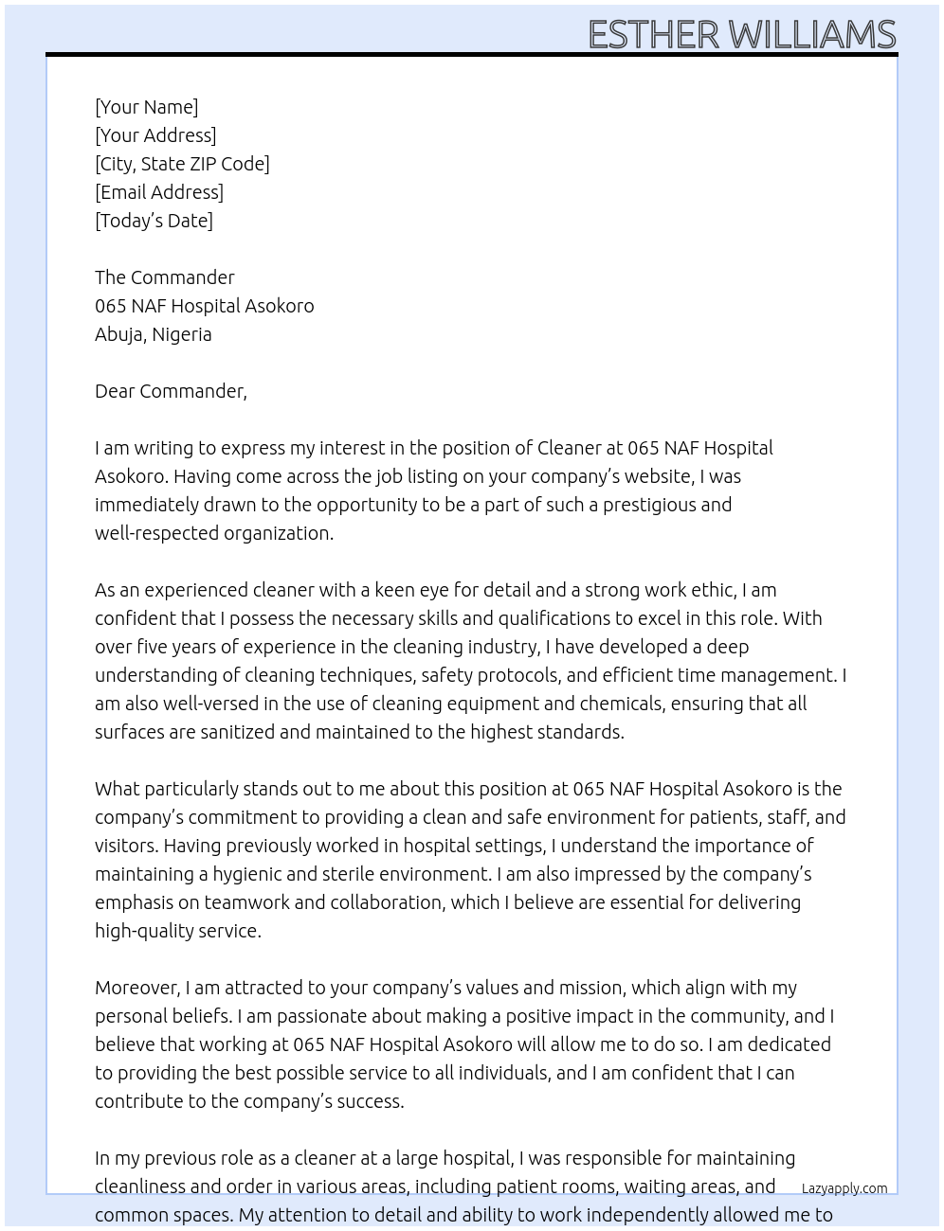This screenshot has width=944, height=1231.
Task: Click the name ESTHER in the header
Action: (x=653, y=35)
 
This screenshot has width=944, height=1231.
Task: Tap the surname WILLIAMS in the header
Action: (x=812, y=35)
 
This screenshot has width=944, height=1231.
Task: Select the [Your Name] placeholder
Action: (x=146, y=107)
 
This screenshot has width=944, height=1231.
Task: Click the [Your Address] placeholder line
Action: (x=155, y=135)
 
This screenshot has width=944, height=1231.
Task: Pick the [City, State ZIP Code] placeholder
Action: (x=182, y=164)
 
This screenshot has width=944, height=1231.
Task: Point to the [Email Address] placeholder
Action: (x=159, y=192)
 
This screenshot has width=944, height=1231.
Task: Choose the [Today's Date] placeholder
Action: (x=154, y=221)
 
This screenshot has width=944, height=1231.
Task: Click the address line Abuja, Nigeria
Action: (x=153, y=334)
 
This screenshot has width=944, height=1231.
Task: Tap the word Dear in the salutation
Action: (x=115, y=391)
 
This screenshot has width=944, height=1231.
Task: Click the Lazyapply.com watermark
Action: (x=844, y=1188)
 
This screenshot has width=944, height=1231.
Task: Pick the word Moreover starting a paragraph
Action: (x=136, y=988)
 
